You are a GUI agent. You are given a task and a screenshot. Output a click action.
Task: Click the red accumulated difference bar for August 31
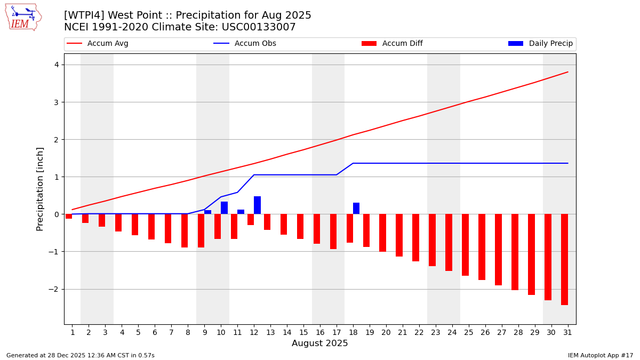(x=564, y=259)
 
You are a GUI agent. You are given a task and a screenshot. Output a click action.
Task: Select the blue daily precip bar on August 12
(x=257, y=205)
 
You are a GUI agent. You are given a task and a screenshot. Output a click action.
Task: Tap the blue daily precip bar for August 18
(x=356, y=209)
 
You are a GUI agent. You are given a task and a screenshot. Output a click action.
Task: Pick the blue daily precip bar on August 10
(x=224, y=208)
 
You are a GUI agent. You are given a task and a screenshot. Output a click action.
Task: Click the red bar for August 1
(x=69, y=217)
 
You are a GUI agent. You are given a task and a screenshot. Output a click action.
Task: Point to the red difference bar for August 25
(x=465, y=245)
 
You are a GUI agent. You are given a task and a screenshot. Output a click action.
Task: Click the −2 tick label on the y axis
(x=54, y=289)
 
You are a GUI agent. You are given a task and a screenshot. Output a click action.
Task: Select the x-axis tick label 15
(x=303, y=332)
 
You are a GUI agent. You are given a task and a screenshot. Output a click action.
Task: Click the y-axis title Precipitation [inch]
(x=40, y=189)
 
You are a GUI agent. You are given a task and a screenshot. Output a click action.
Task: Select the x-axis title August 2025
(x=319, y=343)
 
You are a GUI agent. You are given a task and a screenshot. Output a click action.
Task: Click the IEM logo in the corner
(x=23, y=17)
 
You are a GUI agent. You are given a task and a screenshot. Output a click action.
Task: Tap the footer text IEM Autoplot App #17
(x=600, y=355)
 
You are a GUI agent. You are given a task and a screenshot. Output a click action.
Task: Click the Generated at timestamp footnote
(x=80, y=355)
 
